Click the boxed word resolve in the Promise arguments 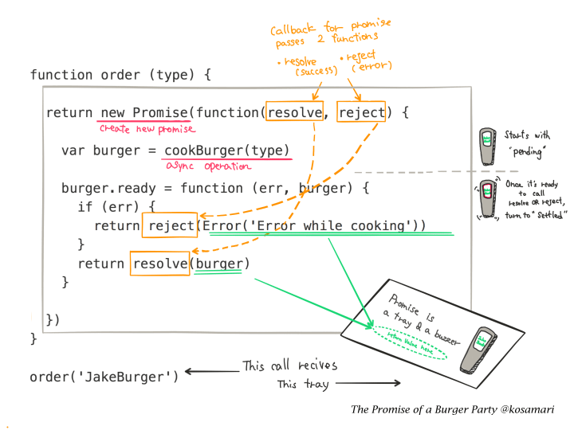coord(295,112)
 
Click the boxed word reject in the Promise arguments coord(361,112)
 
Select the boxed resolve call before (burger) coord(160,264)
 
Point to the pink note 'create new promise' coord(147,128)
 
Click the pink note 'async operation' coord(209,166)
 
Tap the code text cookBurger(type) coord(227,150)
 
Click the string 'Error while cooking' coord(328,225)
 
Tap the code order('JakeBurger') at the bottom coord(104,376)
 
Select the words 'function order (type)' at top coord(120,75)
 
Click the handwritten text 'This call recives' coord(290,365)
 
